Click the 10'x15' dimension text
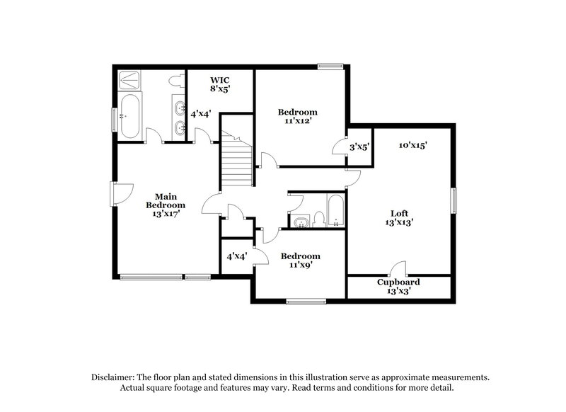click(x=412, y=145)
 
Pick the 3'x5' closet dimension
click(x=360, y=147)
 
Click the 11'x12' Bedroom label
click(x=297, y=116)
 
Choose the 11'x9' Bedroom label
click(x=300, y=260)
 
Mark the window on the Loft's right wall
click(x=454, y=200)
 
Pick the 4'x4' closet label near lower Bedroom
click(x=236, y=256)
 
